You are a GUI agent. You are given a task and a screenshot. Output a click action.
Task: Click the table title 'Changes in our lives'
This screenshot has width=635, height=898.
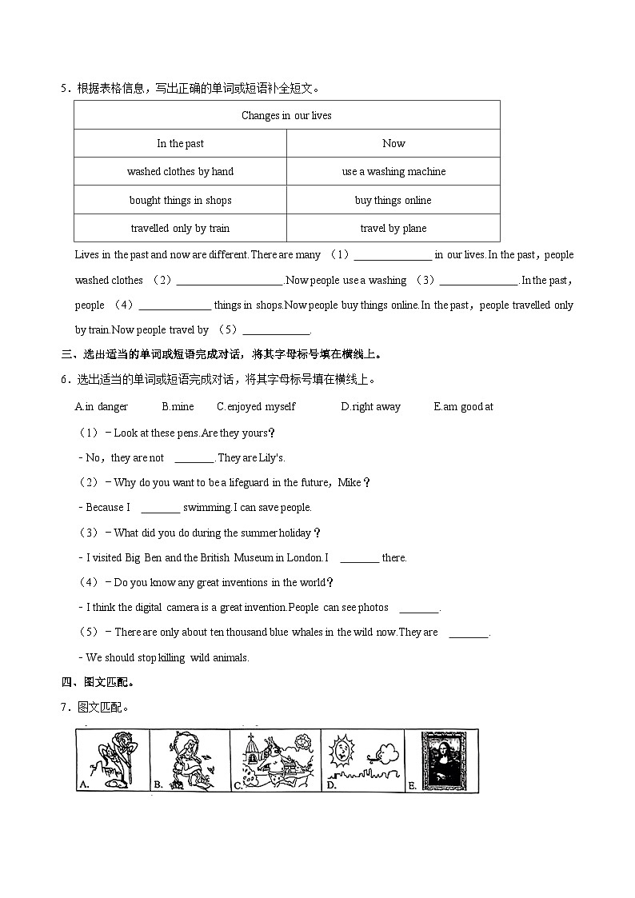(286, 115)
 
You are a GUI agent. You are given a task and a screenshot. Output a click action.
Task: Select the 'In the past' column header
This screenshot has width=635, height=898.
(180, 144)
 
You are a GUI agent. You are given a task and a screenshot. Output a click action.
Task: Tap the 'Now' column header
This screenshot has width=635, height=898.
(393, 144)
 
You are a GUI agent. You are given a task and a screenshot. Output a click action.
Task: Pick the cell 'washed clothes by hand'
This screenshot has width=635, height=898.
(180, 172)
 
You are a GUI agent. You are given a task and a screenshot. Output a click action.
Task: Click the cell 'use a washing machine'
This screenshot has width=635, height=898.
(393, 172)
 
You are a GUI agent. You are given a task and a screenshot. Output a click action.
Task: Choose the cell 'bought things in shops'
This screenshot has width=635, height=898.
(180, 201)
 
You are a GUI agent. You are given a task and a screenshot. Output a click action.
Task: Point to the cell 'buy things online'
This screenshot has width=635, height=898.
(393, 201)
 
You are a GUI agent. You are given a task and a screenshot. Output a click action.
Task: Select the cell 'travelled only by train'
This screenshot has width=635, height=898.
(180, 229)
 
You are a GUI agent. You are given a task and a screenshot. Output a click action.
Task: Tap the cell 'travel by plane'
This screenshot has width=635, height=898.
(393, 229)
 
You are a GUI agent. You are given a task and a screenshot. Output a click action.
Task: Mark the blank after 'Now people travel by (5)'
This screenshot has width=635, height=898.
(276, 331)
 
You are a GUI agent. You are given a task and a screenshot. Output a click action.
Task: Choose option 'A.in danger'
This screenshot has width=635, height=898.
(102, 407)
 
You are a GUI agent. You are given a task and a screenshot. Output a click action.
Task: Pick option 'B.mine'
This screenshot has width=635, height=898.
(178, 407)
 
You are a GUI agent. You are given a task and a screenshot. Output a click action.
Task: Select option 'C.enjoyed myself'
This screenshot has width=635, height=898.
(256, 407)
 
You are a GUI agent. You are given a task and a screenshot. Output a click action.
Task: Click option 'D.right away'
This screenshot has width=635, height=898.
(370, 407)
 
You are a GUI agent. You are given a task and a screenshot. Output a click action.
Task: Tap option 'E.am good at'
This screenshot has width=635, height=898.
(463, 407)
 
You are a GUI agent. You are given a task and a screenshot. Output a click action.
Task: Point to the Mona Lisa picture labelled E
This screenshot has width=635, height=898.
(439, 760)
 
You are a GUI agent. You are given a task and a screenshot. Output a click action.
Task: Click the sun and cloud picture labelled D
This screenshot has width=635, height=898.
(361, 760)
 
